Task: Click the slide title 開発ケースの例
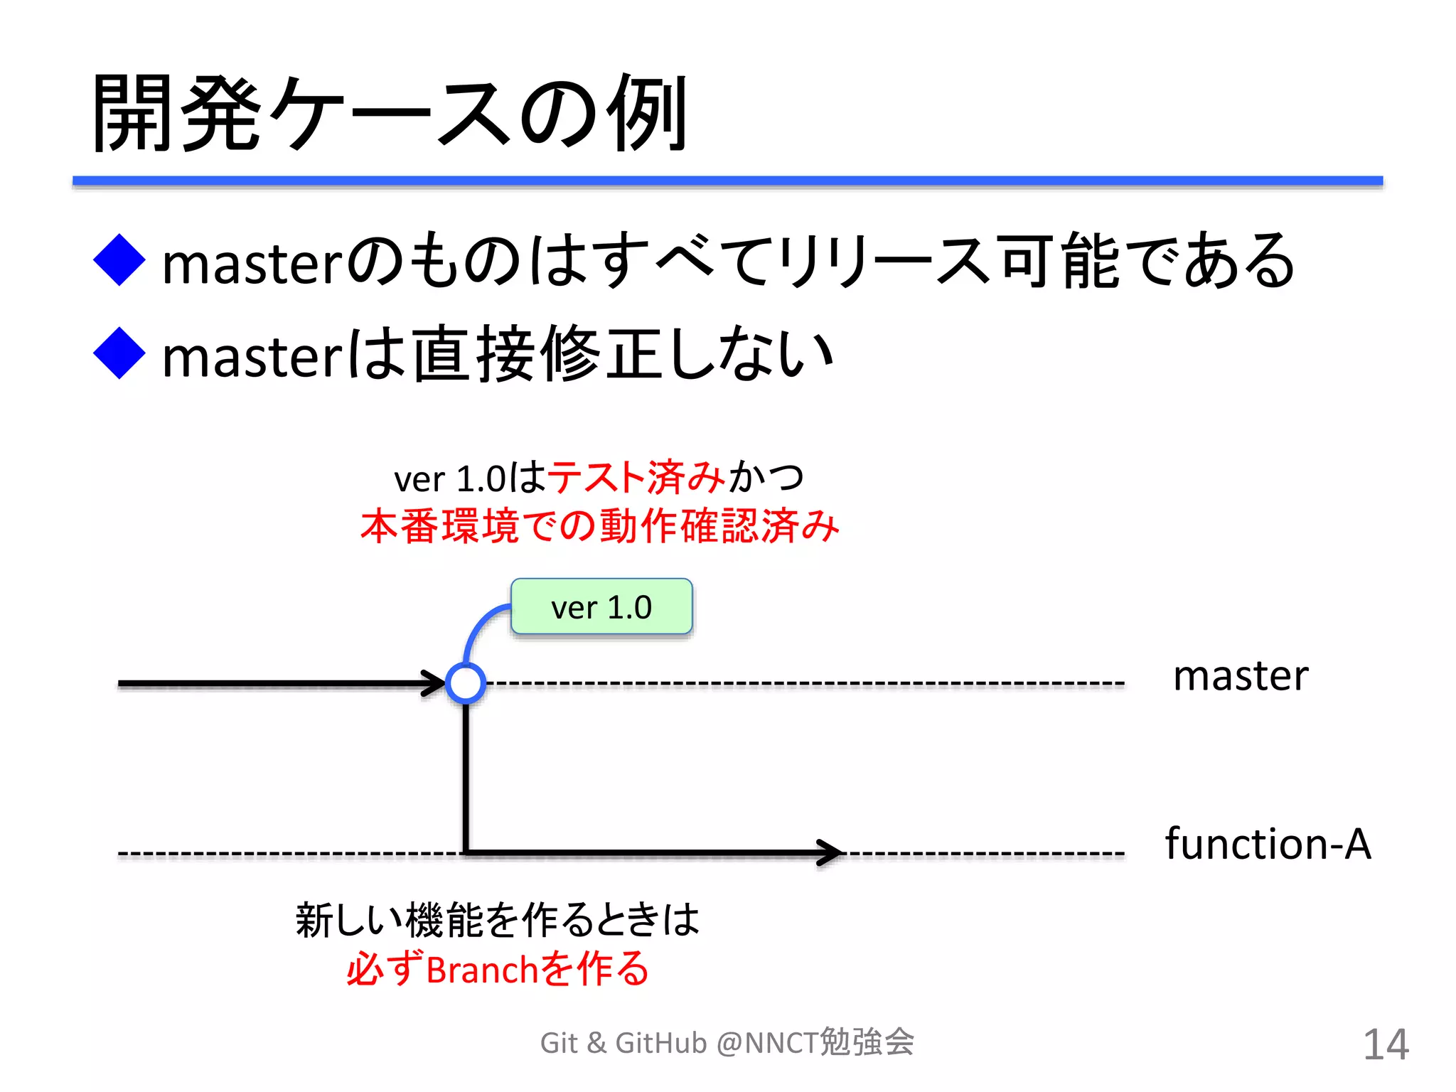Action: [x=390, y=114]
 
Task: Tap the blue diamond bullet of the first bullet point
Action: [x=119, y=260]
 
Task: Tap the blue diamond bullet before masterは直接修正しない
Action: [x=119, y=353]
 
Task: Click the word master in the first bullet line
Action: [x=253, y=264]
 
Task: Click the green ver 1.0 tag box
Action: [x=601, y=607]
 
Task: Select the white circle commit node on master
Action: [x=466, y=683]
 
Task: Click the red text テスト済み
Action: [x=636, y=477]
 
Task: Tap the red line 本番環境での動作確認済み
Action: [x=600, y=527]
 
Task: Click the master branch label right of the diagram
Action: [x=1240, y=676]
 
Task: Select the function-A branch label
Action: [x=1268, y=845]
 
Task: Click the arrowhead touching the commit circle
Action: [x=434, y=683]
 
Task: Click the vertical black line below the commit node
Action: [x=466, y=775]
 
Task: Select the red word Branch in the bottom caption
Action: [x=482, y=970]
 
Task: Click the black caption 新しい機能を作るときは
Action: [x=498, y=920]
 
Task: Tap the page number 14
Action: [x=1386, y=1044]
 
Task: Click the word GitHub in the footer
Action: [x=661, y=1044]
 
